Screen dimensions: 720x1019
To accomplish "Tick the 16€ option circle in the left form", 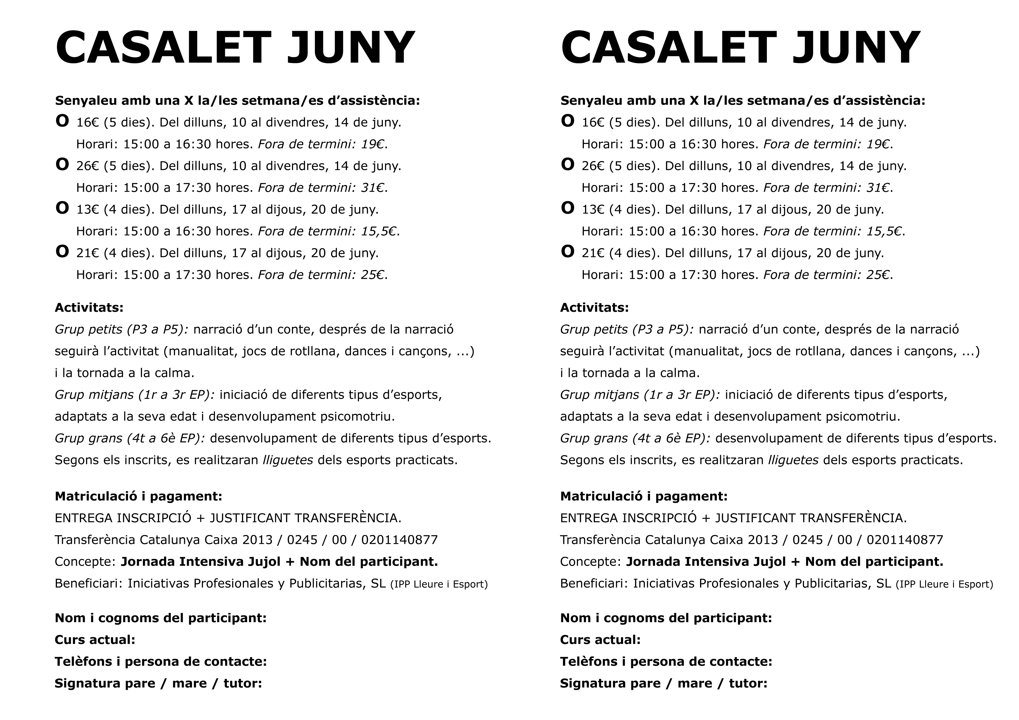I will tap(62, 121).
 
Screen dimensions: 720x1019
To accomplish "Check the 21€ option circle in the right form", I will tap(568, 251).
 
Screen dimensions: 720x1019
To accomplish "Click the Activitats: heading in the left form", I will tap(89, 307).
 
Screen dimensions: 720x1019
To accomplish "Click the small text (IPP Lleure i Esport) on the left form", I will tap(439, 584).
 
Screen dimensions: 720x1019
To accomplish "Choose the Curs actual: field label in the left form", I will tap(94, 640).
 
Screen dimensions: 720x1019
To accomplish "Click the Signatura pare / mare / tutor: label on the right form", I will tap(663, 683).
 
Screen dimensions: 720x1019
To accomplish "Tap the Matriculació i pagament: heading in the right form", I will tap(643, 496).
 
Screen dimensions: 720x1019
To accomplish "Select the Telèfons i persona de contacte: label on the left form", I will tap(160, 661).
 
